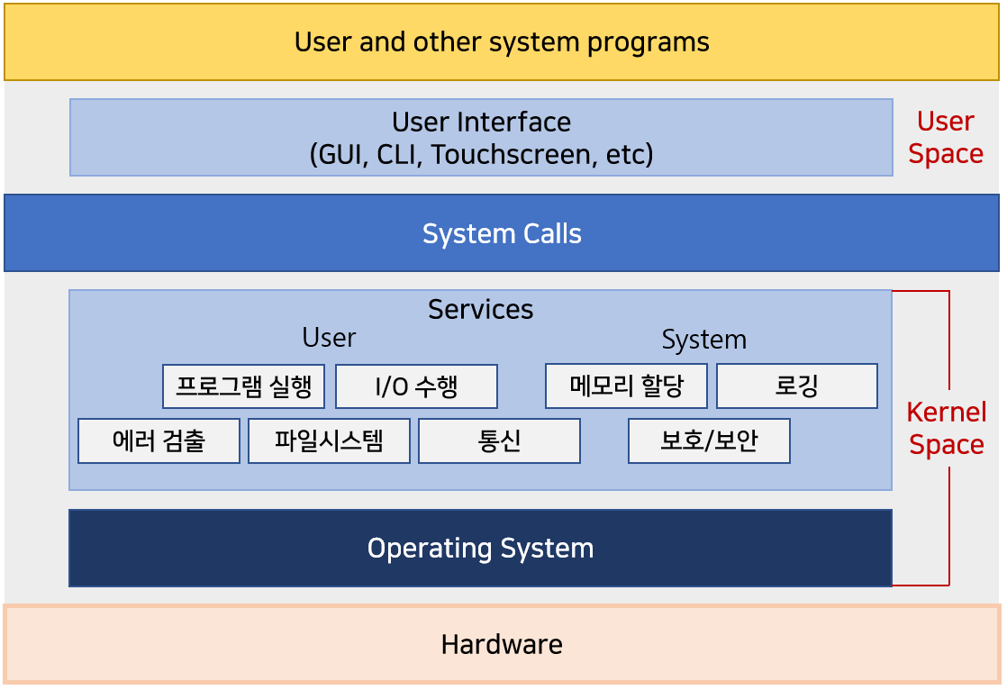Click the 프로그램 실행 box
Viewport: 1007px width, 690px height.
(x=243, y=386)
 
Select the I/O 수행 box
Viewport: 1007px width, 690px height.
(x=416, y=386)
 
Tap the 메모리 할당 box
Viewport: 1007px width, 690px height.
(x=626, y=386)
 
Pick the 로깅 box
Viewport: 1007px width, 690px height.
(x=797, y=386)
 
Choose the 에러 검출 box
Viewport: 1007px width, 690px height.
(x=159, y=440)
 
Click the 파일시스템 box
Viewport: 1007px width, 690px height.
(x=329, y=440)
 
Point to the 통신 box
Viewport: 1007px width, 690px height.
(x=499, y=440)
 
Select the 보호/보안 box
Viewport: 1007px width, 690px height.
(x=709, y=440)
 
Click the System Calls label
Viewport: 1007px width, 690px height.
(x=502, y=234)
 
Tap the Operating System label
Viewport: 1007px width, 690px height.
(x=480, y=548)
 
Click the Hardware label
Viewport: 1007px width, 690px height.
(x=502, y=644)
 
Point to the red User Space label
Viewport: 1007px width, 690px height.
(x=946, y=138)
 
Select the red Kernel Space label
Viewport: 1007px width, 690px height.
(x=947, y=428)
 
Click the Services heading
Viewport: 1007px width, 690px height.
(x=480, y=310)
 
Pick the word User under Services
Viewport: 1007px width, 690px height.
(x=329, y=337)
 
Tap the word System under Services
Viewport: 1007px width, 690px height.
(x=703, y=340)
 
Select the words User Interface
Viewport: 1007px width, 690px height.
(x=481, y=122)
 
